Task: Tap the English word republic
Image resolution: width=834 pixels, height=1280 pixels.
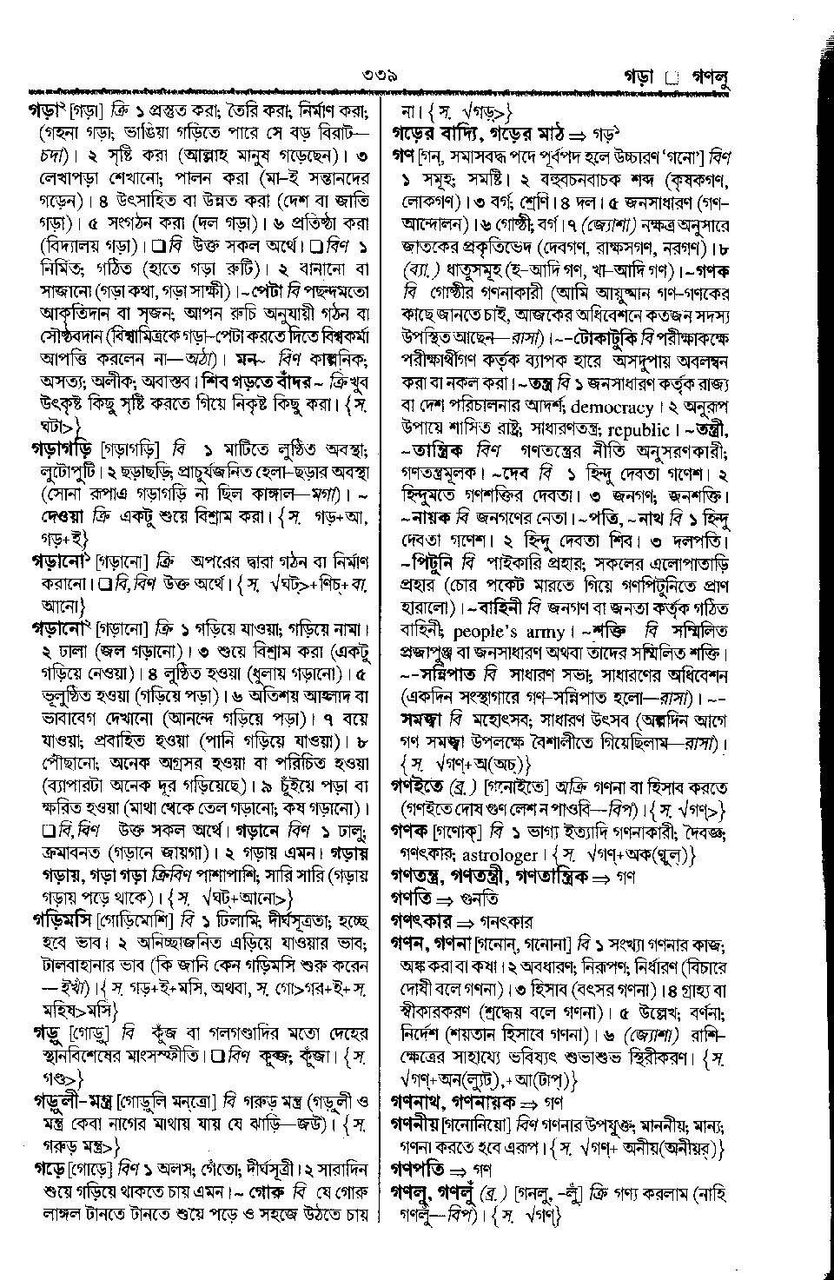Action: click(x=615, y=429)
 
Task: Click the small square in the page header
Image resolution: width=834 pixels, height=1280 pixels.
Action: click(x=670, y=79)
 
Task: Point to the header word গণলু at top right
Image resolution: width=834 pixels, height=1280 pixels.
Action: click(x=708, y=78)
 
